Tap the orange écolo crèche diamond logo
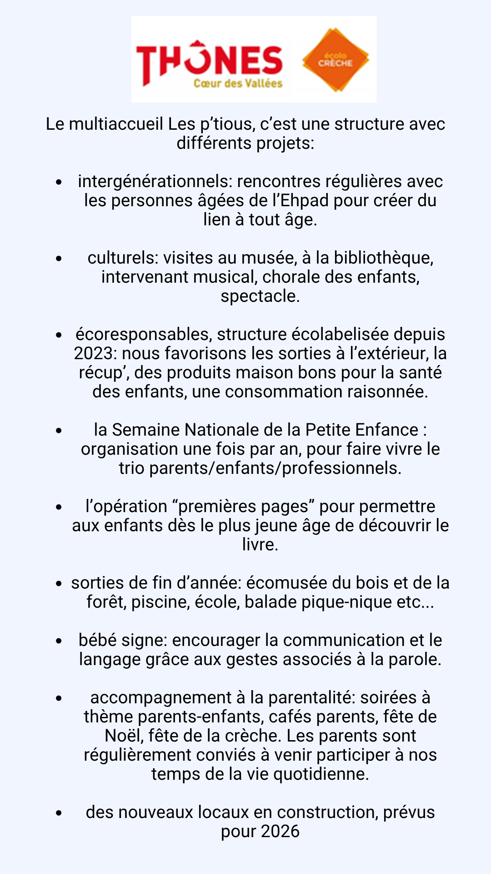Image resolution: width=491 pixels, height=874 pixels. [336, 60]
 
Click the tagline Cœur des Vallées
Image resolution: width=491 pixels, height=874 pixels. [238, 83]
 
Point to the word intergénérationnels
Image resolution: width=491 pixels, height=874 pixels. [155, 181]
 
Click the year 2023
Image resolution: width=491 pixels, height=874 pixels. [93, 353]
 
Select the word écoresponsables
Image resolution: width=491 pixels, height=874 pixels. [143, 334]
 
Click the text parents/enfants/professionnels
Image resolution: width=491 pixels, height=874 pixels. [275, 468]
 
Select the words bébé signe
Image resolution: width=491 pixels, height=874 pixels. [119, 640]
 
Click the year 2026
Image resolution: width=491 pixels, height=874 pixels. [280, 831]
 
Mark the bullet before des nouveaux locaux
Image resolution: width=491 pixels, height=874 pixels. [59, 813]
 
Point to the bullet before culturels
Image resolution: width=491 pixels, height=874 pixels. [59, 258]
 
